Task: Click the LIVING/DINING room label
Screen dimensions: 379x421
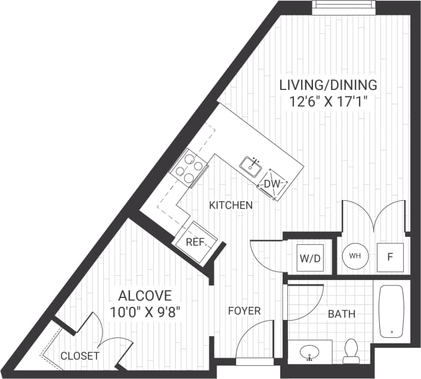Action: pos(328,85)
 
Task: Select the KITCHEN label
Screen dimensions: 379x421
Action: pos(230,205)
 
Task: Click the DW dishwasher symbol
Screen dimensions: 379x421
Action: pos(273,184)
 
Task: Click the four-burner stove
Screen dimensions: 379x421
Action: pos(189,168)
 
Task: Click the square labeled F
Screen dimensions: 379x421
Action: pos(390,257)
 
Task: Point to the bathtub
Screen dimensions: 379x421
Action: pos(392,310)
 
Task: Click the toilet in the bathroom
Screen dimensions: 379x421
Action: pos(351,352)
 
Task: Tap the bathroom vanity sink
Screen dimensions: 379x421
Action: pos(309,353)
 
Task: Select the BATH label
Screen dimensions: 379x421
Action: pos(342,313)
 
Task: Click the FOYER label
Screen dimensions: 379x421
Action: pos(244,311)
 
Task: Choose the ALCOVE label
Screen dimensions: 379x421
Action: pos(145,295)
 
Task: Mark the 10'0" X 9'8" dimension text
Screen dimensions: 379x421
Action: pos(145,310)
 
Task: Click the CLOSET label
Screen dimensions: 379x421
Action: pos(80,356)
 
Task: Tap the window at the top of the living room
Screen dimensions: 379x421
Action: pos(344,7)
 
